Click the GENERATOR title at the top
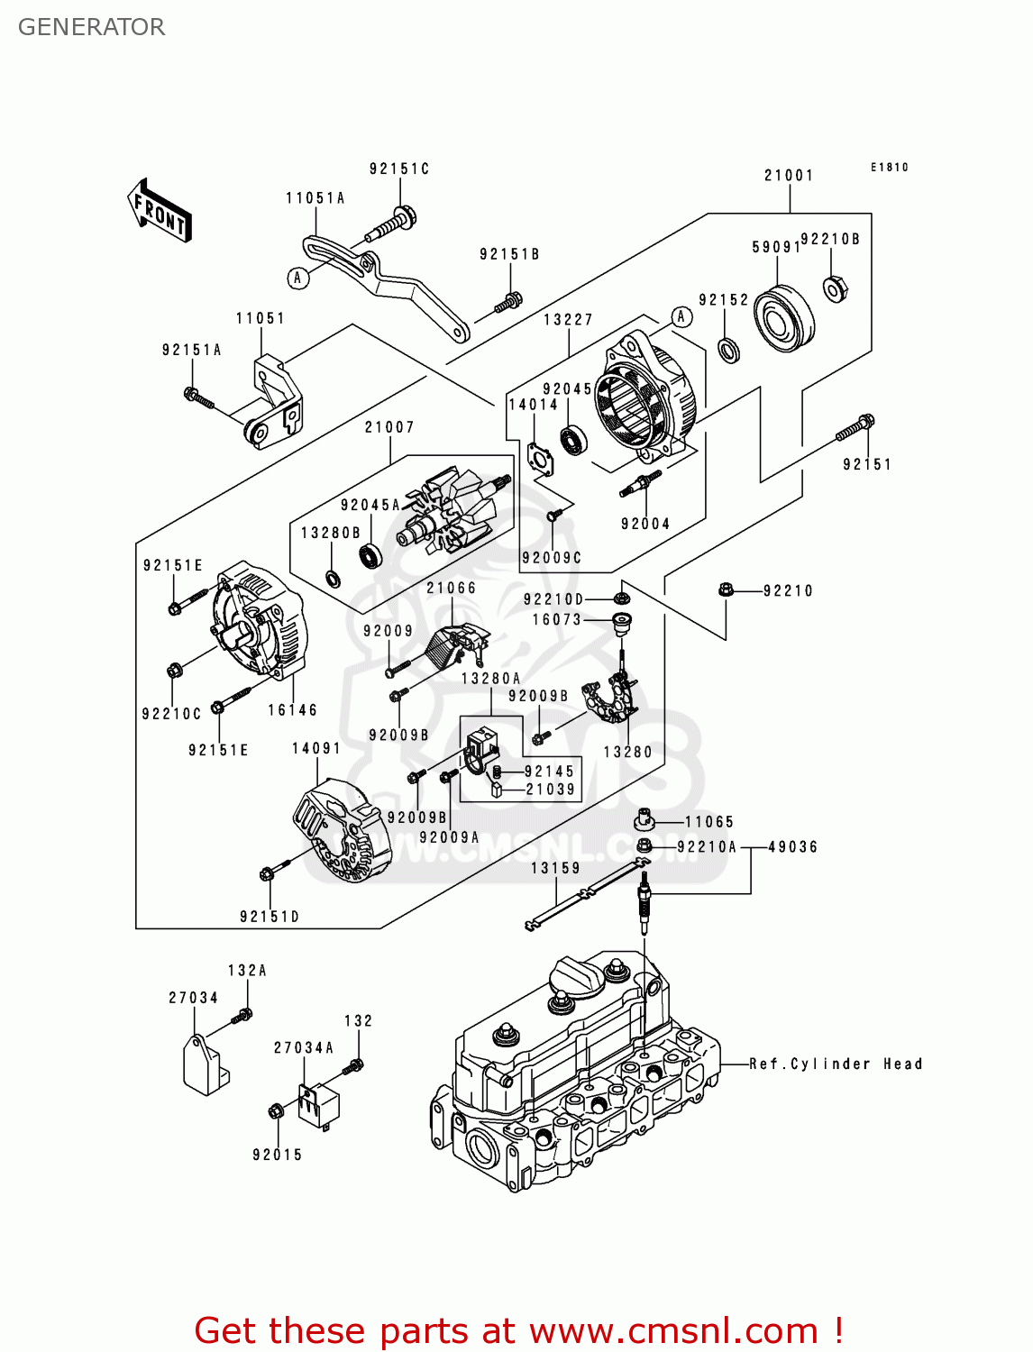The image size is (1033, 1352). pyautogui.click(x=91, y=27)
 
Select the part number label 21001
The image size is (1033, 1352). pyautogui.click(x=789, y=176)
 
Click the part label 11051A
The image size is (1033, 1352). pyautogui.click(x=315, y=198)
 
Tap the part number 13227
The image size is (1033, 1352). pyautogui.click(x=568, y=320)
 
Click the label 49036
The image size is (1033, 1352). pyautogui.click(x=792, y=847)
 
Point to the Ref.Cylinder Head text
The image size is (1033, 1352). pyautogui.click(x=836, y=1064)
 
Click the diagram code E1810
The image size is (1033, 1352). pyautogui.click(x=889, y=168)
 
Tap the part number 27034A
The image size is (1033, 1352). pyautogui.click(x=304, y=1047)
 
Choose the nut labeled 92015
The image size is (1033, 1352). pyautogui.click(x=276, y=1111)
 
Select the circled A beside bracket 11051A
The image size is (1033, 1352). pyautogui.click(x=298, y=278)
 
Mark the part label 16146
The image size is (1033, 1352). pyautogui.click(x=292, y=710)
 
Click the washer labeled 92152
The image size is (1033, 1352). pyautogui.click(x=729, y=349)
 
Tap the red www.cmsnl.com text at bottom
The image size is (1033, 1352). pyautogui.click(x=672, y=1330)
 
